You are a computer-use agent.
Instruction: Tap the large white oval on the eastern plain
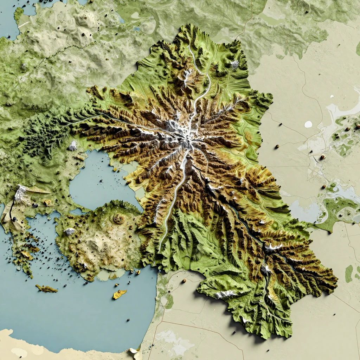[x=308, y=124]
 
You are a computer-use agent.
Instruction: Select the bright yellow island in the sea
[x=120, y=294]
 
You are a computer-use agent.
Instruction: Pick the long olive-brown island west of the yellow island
[x=46, y=289]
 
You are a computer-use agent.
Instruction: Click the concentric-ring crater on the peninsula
[x=119, y=219]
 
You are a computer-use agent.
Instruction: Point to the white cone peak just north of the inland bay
[x=73, y=146]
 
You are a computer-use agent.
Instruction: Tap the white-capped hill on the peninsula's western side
[x=69, y=232]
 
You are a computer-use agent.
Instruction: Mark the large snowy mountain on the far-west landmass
[x=21, y=193]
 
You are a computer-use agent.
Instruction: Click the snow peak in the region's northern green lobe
[x=234, y=64]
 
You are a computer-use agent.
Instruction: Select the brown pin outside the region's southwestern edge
[x=184, y=281]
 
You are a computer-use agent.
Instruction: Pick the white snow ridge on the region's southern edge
[x=225, y=294]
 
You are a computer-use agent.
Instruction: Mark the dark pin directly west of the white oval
[x=280, y=124]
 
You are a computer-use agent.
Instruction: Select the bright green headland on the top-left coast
[x=18, y=13]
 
